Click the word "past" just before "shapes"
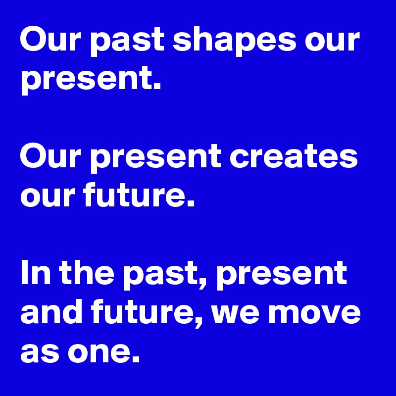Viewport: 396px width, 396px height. (130, 41)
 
